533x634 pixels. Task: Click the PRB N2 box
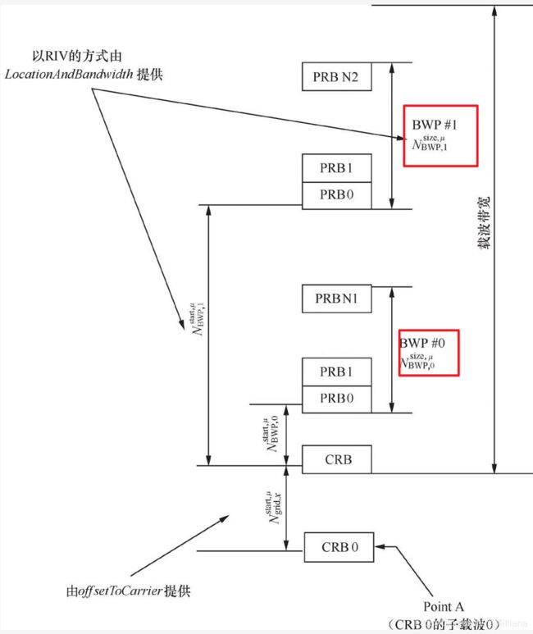coord(336,77)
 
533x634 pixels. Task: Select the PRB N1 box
coord(336,299)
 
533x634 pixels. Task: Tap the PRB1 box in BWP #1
coord(336,168)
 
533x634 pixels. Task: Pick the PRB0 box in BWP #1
coord(336,195)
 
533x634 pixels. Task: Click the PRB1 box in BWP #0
coord(336,372)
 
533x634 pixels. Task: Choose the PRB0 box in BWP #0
coord(336,399)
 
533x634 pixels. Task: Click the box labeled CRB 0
coord(339,547)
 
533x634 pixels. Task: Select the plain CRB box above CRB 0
coord(336,459)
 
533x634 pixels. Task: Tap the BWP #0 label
coord(421,342)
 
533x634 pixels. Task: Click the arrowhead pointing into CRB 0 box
coord(379,547)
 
